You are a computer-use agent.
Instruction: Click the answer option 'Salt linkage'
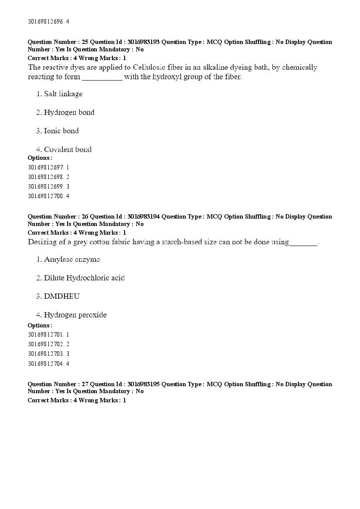(63, 94)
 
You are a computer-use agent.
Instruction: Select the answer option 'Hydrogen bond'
(69, 112)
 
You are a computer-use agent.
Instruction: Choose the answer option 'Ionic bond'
(61, 131)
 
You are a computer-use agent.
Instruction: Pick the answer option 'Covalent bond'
(68, 149)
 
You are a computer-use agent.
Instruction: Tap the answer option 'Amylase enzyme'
(72, 260)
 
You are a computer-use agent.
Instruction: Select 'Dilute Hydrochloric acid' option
(84, 278)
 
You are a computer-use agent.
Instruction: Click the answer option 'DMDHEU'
(61, 296)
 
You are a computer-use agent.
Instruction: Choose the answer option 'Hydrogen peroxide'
(75, 315)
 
